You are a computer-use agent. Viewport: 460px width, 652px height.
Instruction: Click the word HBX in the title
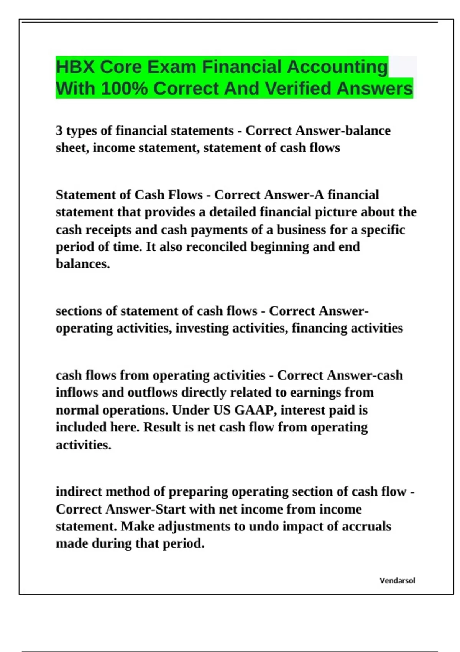(75, 67)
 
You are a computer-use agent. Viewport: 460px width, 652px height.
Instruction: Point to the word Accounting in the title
(337, 67)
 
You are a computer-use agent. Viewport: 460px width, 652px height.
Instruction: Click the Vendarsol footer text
(397, 581)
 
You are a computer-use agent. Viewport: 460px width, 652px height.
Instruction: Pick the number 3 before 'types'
(59, 131)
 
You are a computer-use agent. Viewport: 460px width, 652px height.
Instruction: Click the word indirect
(79, 491)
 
